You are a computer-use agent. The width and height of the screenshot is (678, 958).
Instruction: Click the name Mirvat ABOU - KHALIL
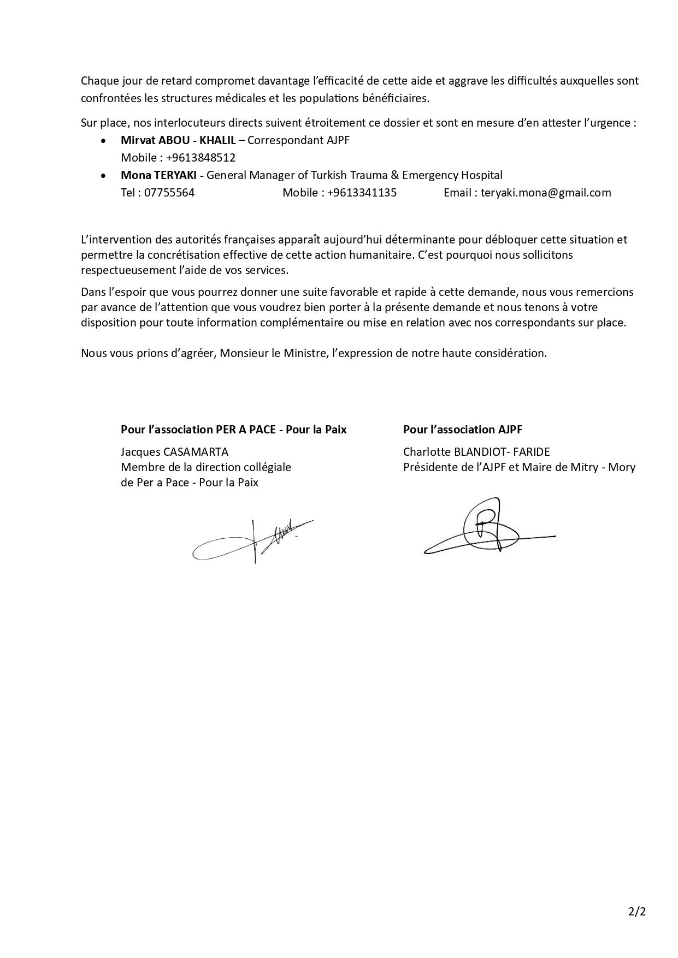pyautogui.click(x=178, y=140)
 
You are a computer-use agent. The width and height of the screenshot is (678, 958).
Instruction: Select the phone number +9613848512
pyautogui.click(x=201, y=158)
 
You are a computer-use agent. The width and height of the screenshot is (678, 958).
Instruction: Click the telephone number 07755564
pyautogui.click(x=169, y=193)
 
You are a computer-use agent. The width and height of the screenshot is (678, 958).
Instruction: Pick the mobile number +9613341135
pyautogui.click(x=362, y=193)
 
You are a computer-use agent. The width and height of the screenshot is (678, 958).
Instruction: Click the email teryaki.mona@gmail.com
pyautogui.click(x=546, y=193)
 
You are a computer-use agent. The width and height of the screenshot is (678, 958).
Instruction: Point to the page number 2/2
pyautogui.click(x=637, y=911)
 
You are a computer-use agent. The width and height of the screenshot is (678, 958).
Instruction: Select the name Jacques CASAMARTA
pyautogui.click(x=174, y=452)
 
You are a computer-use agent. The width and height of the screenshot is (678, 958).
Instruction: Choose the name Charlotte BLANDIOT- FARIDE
pyautogui.click(x=476, y=452)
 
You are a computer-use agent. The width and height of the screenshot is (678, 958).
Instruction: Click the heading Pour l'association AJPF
pyautogui.click(x=463, y=430)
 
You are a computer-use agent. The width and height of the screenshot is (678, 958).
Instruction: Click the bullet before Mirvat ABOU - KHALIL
pyautogui.click(x=104, y=141)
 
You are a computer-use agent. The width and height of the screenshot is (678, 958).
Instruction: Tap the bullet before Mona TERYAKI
pyautogui.click(x=104, y=176)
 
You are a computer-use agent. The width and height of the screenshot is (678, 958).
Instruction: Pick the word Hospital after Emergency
pyautogui.click(x=482, y=175)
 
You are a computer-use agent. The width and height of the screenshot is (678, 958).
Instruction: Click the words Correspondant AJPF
pyautogui.click(x=298, y=140)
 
